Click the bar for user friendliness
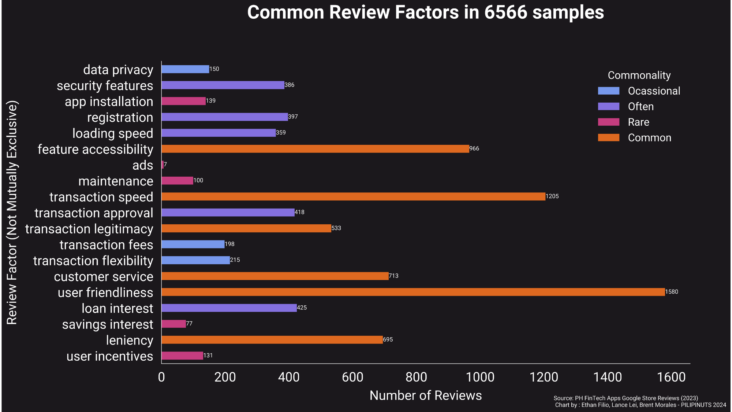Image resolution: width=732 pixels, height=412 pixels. point(413,292)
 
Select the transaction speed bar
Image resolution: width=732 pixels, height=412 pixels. point(353,196)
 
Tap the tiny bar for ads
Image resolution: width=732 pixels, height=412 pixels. point(163,165)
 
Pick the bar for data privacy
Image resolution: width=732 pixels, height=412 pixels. point(185,69)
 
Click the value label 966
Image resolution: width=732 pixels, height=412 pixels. point(474,149)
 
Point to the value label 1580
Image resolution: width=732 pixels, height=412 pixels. point(672,292)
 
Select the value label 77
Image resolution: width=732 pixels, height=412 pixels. point(189,324)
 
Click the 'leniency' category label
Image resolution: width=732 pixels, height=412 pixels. point(130,341)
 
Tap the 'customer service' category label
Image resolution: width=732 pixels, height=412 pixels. point(104,277)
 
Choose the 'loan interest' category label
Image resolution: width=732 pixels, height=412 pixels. point(117,309)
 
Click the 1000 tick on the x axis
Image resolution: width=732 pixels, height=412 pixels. point(480,377)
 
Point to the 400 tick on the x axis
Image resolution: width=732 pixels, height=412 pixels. point(289,377)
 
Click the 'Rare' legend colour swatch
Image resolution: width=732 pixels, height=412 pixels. point(609,122)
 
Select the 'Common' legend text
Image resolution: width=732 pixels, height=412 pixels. point(650,138)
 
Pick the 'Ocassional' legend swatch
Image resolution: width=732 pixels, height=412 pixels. point(609,91)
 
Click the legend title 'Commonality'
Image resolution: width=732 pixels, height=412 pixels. point(639,75)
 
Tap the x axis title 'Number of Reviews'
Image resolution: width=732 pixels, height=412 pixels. point(426,396)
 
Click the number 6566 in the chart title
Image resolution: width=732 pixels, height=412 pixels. point(506,12)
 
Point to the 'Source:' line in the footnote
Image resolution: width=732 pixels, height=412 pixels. point(625,398)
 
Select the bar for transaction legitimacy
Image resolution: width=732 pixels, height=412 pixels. point(246,228)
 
